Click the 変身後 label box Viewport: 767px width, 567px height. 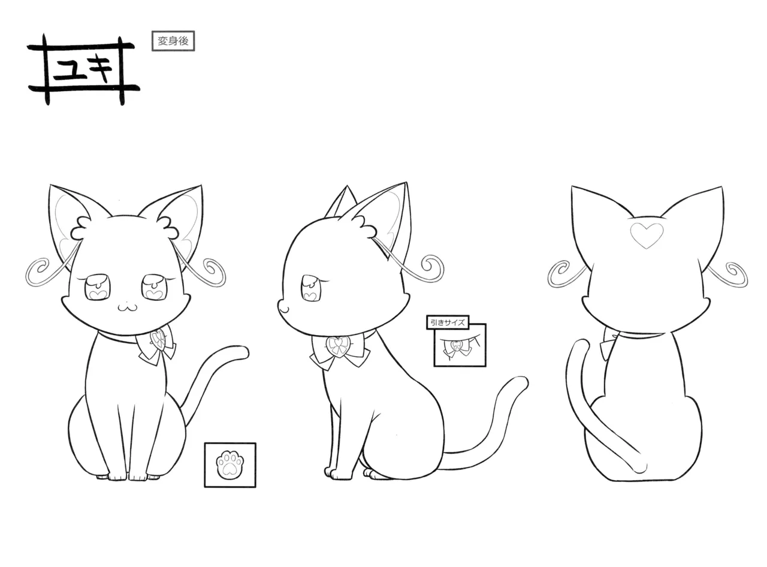point(173,41)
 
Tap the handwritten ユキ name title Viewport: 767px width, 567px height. point(83,69)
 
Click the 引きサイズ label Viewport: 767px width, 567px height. point(447,322)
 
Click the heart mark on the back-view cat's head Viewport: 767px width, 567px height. point(647,235)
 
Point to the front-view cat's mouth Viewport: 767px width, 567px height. point(128,306)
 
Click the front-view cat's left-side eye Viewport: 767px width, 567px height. point(96,287)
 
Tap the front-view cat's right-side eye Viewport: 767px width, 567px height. point(154,287)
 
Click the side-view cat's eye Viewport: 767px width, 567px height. point(312,288)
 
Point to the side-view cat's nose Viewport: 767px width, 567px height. point(282,308)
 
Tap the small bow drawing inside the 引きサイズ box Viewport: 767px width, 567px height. point(457,347)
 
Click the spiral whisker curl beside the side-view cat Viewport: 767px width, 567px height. point(432,269)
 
